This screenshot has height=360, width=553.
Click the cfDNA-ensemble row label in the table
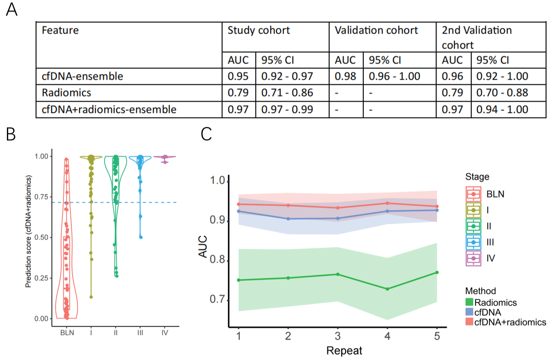tap(82, 76)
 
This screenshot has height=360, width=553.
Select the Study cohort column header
tap(258, 30)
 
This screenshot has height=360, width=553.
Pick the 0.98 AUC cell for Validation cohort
tap(345, 76)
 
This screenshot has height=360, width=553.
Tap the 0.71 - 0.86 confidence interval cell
tap(287, 93)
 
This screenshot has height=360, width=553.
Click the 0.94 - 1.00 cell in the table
tap(502, 109)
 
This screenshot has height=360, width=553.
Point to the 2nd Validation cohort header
tap(477, 37)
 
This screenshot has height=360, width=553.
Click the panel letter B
tap(11, 134)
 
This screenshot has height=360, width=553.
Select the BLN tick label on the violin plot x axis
tap(67, 333)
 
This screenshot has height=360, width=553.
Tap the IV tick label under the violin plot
tap(165, 333)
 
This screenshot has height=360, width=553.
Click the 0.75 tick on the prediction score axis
tap(41, 197)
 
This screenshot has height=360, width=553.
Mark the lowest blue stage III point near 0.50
tap(141, 237)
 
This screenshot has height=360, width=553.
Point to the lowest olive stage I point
tap(91, 297)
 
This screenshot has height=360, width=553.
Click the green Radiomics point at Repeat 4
tap(387, 289)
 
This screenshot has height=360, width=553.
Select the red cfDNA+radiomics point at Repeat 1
tap(239, 204)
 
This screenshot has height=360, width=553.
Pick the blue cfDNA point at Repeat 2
tap(288, 219)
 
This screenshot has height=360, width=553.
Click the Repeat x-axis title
tap(344, 351)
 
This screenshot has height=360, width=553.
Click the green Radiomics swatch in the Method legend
tap(469, 302)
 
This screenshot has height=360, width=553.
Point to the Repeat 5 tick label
tap(437, 337)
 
